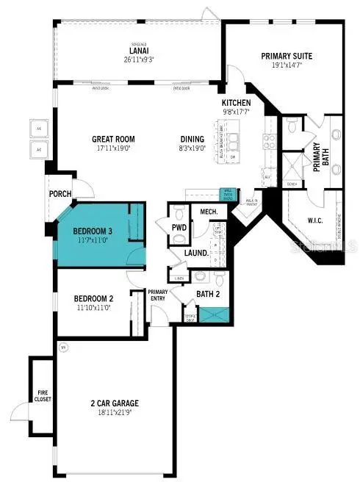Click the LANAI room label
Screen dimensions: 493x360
pyautogui.click(x=138, y=50)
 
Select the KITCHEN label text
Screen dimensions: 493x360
pyautogui.click(x=237, y=102)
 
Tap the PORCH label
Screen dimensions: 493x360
pyautogui.click(x=60, y=195)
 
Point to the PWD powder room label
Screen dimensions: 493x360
pyautogui.click(x=178, y=227)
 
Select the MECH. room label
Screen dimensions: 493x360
pyautogui.click(x=209, y=213)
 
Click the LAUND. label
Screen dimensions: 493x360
pyautogui.click(x=195, y=252)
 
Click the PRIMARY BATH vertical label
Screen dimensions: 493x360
pyautogui.click(x=318, y=155)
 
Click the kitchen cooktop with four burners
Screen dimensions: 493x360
pyautogui.click(x=270, y=140)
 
